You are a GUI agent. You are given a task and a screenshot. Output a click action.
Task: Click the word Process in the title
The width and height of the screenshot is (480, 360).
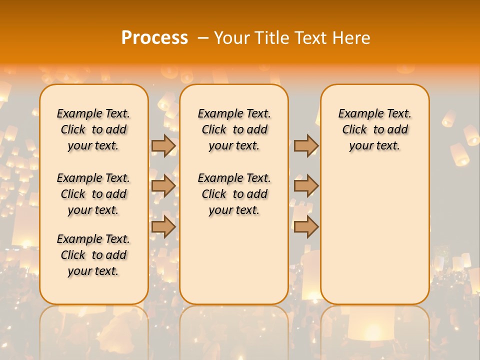tap(154, 38)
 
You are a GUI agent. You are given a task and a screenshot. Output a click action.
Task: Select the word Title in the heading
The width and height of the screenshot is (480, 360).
tap(272, 38)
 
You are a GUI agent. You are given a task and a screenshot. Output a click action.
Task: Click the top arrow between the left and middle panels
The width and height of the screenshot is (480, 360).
tap(163, 145)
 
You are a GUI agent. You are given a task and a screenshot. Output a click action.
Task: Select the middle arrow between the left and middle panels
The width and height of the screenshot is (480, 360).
tap(163, 186)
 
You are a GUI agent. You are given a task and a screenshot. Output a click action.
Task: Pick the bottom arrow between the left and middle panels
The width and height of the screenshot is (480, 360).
tap(163, 227)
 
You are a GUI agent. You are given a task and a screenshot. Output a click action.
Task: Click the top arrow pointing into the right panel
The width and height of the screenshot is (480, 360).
tap(306, 145)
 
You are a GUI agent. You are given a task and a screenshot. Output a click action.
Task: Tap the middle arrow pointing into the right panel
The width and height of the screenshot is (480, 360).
tap(306, 186)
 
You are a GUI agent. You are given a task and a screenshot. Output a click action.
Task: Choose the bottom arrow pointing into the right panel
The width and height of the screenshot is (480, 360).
tap(306, 227)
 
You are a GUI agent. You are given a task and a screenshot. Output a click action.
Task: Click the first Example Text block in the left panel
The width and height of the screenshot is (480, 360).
tap(93, 129)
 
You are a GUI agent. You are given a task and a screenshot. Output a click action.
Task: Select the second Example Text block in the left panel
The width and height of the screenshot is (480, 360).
tap(93, 194)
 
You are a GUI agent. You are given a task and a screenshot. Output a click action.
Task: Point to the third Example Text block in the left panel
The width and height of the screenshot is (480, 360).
tap(93, 255)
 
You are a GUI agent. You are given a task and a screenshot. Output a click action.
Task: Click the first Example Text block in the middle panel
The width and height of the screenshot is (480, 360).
tap(234, 129)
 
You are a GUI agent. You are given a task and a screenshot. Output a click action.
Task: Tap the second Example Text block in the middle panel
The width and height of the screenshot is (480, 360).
tap(234, 194)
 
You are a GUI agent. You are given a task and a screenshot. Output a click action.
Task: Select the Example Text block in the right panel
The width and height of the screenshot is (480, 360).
tap(375, 129)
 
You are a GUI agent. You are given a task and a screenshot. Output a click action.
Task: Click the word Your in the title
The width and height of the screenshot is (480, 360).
tap(232, 38)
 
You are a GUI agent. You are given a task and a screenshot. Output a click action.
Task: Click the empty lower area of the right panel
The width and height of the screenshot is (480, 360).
tap(375, 235)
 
